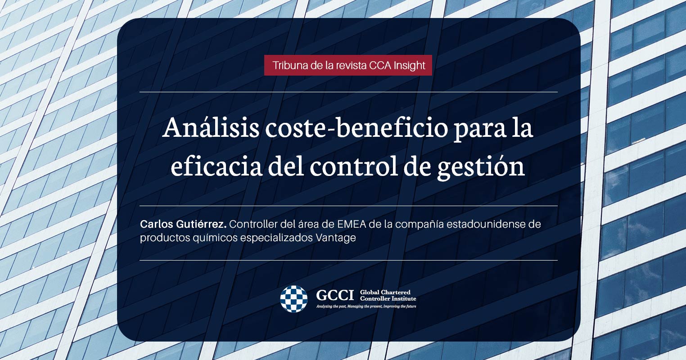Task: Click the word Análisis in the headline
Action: (x=211, y=128)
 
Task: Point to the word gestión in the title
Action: (x=481, y=168)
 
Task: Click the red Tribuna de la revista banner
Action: (x=348, y=65)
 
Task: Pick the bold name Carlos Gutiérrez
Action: (x=183, y=225)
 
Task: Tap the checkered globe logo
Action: (x=293, y=299)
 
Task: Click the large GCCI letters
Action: (x=335, y=295)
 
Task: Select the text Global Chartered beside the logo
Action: (x=385, y=292)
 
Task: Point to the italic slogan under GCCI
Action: (x=366, y=306)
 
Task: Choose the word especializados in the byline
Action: (x=276, y=238)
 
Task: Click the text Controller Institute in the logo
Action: (x=388, y=298)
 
